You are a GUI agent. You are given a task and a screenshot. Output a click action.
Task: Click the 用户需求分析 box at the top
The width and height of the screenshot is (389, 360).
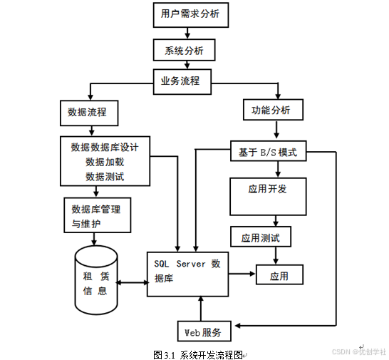pyautogui.click(x=190, y=15)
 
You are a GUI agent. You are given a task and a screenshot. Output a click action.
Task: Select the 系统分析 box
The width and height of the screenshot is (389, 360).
pyautogui.click(x=184, y=51)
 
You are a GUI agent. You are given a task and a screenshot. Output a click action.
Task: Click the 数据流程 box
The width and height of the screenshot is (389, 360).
pyautogui.click(x=88, y=112)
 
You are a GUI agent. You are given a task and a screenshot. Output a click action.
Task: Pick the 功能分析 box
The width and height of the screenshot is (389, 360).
pyautogui.click(x=272, y=110)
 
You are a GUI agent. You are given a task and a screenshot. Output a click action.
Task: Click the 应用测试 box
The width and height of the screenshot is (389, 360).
pyautogui.click(x=261, y=237)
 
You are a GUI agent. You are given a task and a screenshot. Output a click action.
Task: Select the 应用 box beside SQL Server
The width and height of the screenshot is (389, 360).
pyautogui.click(x=279, y=274)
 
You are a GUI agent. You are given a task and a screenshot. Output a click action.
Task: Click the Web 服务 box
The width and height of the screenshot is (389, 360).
pyautogui.click(x=204, y=331)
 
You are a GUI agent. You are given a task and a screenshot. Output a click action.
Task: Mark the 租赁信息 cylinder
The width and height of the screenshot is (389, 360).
pyautogui.click(x=97, y=281)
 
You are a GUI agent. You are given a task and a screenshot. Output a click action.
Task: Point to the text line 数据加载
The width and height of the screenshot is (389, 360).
pyautogui.click(x=105, y=162)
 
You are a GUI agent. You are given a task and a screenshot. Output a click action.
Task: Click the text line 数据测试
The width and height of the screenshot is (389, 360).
pyautogui.click(x=105, y=175)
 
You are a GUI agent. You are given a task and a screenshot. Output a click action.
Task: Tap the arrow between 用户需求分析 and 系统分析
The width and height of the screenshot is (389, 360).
pyautogui.click(x=190, y=34)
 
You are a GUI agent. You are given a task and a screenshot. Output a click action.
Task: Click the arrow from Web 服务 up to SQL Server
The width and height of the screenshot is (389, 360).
pyautogui.click(x=202, y=309)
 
